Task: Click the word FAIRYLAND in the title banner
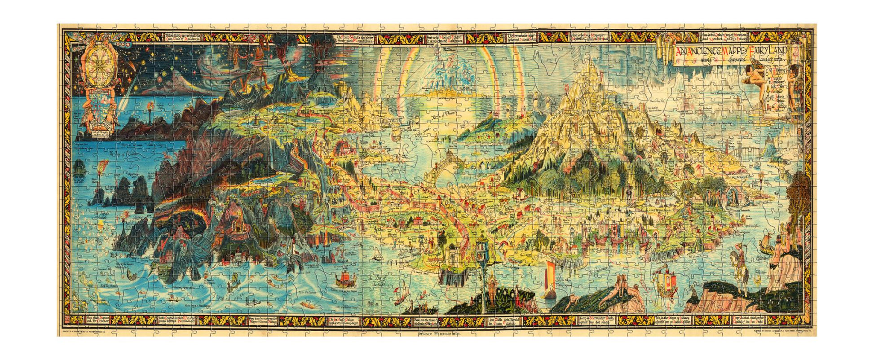771,47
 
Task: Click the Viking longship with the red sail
346,279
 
